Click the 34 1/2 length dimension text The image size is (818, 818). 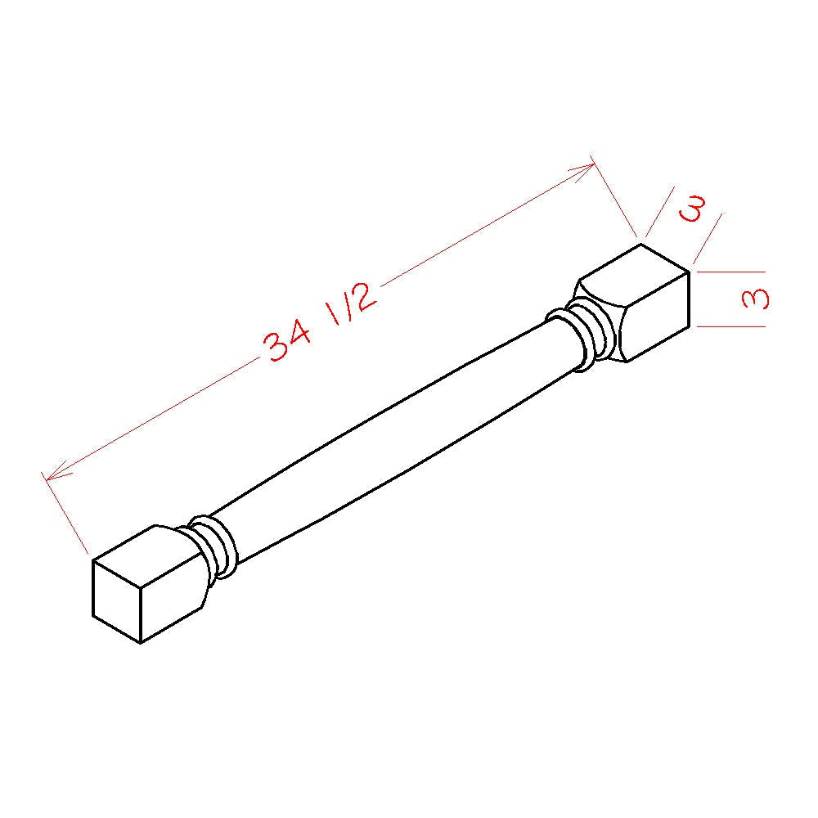pyautogui.click(x=321, y=321)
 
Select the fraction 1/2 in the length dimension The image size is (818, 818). pyautogui.click(x=352, y=303)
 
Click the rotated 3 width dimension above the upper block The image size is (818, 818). pyautogui.click(x=692, y=208)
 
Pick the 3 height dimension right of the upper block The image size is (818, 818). pyautogui.click(x=755, y=299)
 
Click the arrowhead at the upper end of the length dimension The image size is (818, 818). pyautogui.click(x=582, y=171)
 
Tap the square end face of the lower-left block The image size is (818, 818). pyautogui.click(x=116, y=601)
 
